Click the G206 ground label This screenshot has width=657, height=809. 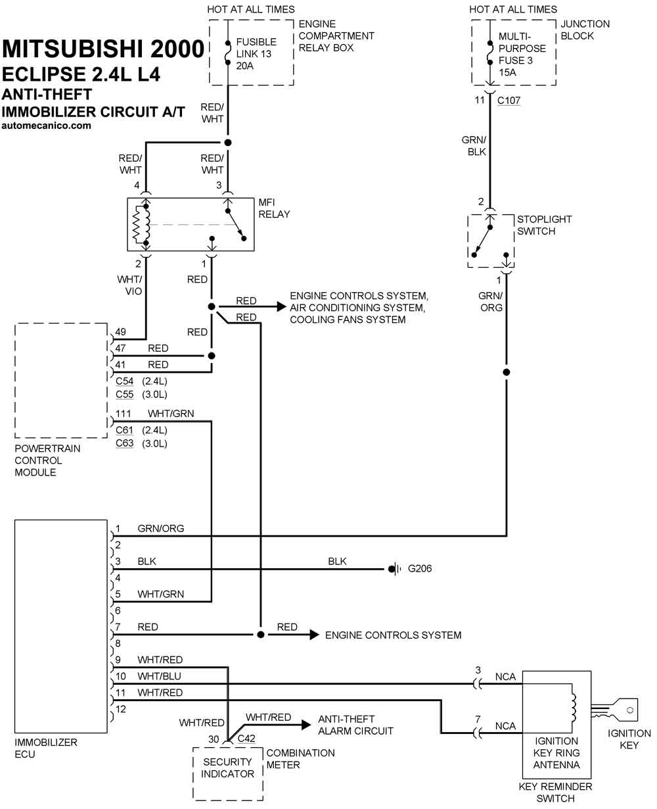point(420,568)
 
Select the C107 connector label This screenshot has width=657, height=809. point(509,100)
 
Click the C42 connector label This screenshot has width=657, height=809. point(246,739)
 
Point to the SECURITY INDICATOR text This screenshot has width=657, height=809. point(227,768)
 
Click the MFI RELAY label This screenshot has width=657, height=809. point(274,208)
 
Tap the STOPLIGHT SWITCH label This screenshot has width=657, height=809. point(545,225)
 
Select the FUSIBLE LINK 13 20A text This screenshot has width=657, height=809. point(256,54)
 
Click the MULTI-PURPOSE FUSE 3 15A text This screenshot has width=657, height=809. point(522,55)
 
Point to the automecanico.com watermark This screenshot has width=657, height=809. point(46,126)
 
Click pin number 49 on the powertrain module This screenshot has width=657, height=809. point(120,331)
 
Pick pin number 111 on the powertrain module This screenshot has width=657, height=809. point(124,414)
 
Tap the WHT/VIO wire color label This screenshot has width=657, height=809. point(129,285)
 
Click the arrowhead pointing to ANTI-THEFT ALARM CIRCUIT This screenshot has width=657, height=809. point(306,725)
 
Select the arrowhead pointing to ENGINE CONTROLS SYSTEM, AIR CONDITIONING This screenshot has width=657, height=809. point(281,306)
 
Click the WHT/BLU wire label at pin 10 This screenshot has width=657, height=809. point(159,676)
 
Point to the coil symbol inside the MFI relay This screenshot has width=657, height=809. point(141,225)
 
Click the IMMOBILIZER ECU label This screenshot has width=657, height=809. point(46,748)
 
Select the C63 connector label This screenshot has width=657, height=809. point(124,443)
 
